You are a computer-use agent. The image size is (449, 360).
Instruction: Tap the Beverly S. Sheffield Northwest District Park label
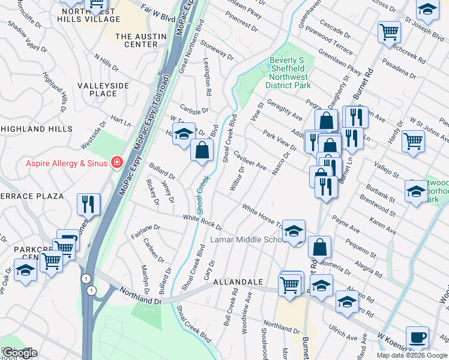(x=288, y=73)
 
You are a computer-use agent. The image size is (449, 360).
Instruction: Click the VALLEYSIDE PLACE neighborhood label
(x=103, y=89)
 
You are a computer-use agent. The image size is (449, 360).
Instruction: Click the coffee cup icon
(x=417, y=337)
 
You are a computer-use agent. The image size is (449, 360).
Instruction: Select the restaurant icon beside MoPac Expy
(x=88, y=204)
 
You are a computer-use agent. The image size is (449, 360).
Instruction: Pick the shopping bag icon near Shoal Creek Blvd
(x=202, y=149)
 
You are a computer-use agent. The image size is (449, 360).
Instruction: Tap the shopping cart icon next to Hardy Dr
(x=413, y=141)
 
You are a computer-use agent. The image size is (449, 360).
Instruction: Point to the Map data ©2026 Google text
(x=411, y=355)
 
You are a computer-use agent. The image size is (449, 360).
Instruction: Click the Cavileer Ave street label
(x=250, y=160)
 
